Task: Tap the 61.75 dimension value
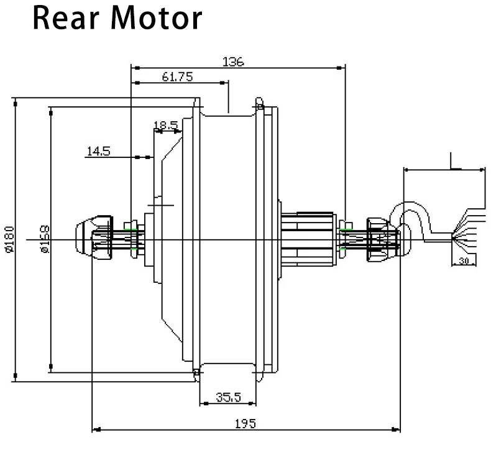point(177,77)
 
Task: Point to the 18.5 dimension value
point(166,126)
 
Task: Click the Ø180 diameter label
point(9,240)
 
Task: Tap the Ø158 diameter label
point(44,240)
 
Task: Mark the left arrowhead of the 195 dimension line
point(94,429)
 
